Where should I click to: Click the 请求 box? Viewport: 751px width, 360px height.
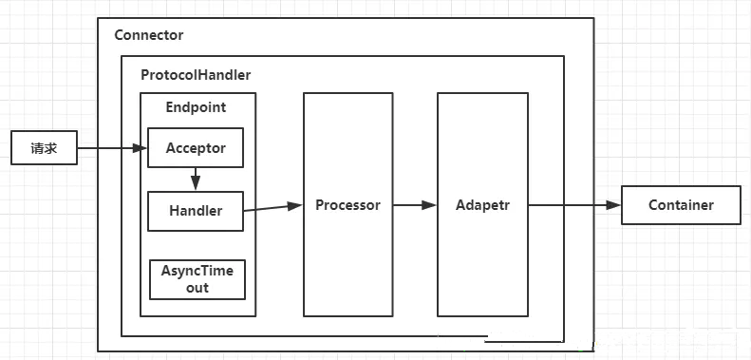[x=44, y=147]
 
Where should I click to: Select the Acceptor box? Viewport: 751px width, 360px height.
[x=196, y=147]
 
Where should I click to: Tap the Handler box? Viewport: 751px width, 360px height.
[x=196, y=211]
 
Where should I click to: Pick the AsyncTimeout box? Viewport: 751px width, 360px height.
[x=197, y=279]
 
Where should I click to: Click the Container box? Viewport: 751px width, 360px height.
[x=681, y=205]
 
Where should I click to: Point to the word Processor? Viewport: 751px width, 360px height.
[x=347, y=205]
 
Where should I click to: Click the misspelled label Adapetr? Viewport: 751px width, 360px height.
[x=482, y=205]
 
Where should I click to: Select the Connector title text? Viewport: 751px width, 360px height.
[x=149, y=35]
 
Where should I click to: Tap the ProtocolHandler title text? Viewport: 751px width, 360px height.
[x=196, y=75]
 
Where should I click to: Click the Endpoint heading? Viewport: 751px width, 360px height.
[x=196, y=107]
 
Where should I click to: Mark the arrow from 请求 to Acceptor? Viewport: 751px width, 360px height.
[x=112, y=148]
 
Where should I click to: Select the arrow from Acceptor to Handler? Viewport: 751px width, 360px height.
[x=196, y=180]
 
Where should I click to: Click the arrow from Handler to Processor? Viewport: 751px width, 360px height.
[x=272, y=208]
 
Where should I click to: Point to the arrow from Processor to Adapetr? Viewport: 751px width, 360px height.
[x=415, y=205]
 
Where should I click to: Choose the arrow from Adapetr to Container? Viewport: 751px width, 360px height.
[x=574, y=205]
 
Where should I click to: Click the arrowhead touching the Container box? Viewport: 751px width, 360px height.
[x=614, y=205]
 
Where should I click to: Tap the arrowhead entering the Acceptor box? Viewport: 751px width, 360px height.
[x=140, y=148]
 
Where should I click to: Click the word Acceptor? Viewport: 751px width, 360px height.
[x=196, y=148]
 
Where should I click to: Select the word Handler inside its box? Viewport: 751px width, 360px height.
[x=196, y=211]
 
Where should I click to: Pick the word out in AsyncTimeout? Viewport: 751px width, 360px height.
[x=197, y=288]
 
